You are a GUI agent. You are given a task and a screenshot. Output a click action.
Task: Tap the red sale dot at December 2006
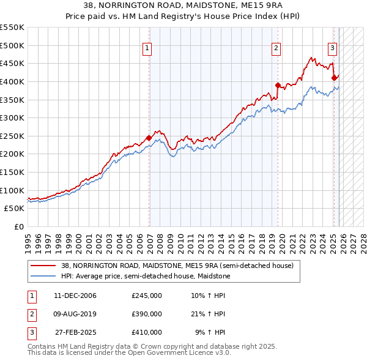[149, 138]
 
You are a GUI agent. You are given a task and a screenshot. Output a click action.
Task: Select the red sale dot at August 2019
[278, 85]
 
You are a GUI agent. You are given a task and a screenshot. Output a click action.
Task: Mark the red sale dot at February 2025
[334, 78]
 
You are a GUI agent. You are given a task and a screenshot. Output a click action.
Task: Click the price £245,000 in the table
[146, 296]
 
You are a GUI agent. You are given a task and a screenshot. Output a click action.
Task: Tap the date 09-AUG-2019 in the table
[75, 314]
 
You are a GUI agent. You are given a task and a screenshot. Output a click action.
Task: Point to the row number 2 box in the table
[30, 314]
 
